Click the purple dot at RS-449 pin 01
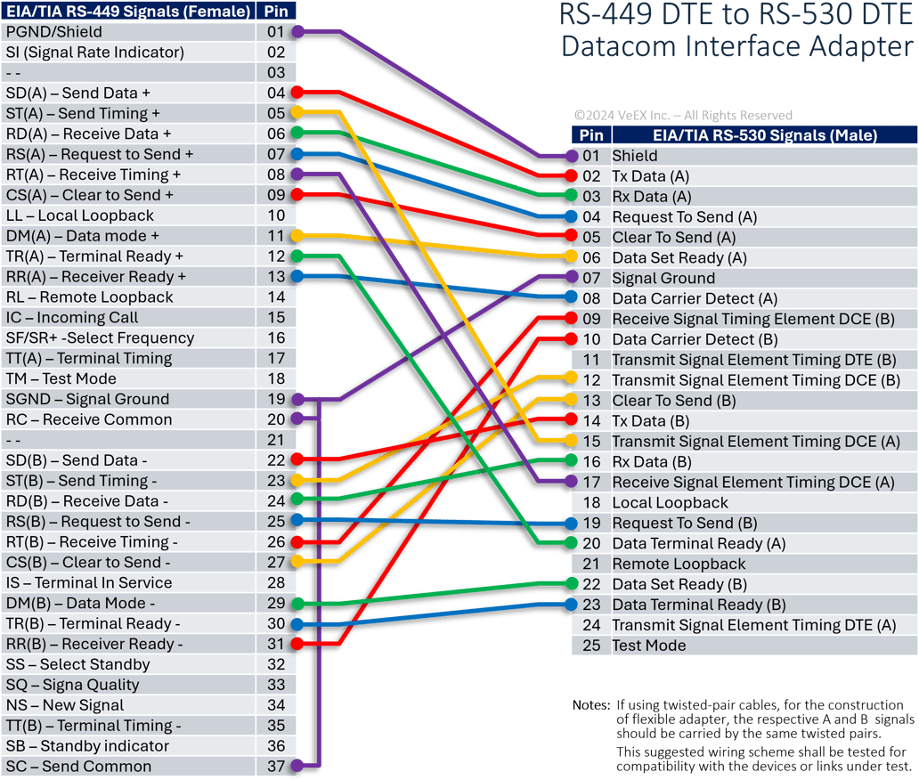pyautogui.click(x=298, y=32)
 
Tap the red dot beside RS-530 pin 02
pyautogui.click(x=571, y=176)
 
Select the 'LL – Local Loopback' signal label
pyautogui.click(x=80, y=215)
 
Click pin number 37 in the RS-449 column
pyautogui.click(x=275, y=767)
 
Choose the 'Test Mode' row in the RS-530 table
pyautogui.click(x=648, y=646)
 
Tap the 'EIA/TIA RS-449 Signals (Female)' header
pyautogui.click(x=126, y=11)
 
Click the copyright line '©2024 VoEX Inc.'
pyautogui.click(x=683, y=116)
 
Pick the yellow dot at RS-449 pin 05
pyautogui.click(x=298, y=113)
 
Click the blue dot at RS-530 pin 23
pyautogui.click(x=571, y=605)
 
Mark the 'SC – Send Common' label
pyautogui.click(x=78, y=767)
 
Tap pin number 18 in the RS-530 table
pyautogui.click(x=591, y=503)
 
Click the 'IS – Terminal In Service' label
pyautogui.click(x=89, y=583)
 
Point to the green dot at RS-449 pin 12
pyautogui.click(x=298, y=256)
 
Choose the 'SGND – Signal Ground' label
pyautogui.click(x=87, y=399)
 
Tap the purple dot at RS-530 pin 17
pyautogui.click(x=571, y=482)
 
